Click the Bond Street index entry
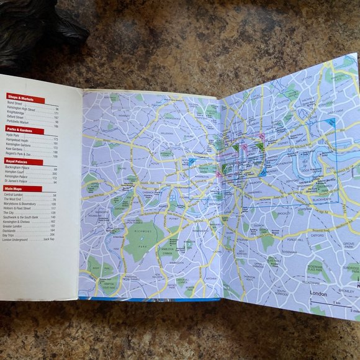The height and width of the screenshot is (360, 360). (16, 104)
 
